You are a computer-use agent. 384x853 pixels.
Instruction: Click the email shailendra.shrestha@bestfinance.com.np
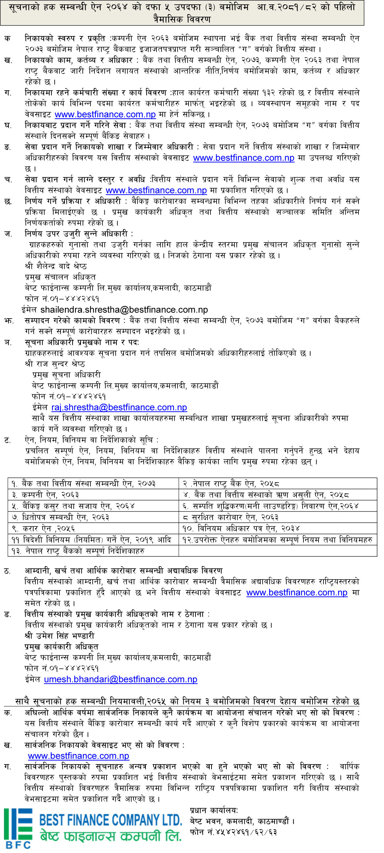(124, 310)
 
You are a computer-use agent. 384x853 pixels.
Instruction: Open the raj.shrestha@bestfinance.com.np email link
(119, 407)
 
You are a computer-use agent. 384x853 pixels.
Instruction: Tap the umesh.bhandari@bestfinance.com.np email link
(121, 679)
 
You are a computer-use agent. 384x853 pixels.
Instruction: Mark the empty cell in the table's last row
(278, 551)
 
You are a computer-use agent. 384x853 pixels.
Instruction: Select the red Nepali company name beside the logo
(110, 836)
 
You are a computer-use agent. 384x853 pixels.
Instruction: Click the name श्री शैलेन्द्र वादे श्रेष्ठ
(56, 266)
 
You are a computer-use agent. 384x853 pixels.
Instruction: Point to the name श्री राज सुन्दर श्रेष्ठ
(55, 364)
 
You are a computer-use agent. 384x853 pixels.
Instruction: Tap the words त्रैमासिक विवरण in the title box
(182, 19)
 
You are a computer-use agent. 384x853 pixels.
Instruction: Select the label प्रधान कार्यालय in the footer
(214, 810)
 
